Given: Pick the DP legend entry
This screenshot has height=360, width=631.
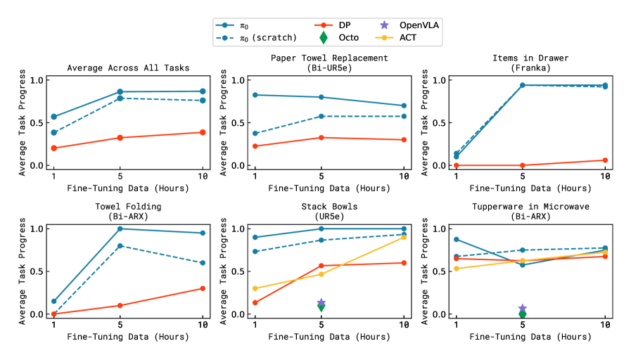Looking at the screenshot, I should click(x=335, y=25).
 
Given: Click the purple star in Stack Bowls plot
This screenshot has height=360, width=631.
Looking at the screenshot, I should click(x=321, y=302).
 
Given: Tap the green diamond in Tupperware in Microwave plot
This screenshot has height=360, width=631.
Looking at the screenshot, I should click(x=523, y=314).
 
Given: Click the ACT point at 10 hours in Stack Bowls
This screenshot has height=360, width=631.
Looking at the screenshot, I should click(x=404, y=237).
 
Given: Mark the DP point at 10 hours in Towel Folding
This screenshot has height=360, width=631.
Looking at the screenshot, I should click(x=203, y=288).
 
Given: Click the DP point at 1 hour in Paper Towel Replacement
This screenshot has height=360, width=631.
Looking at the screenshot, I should click(x=255, y=146).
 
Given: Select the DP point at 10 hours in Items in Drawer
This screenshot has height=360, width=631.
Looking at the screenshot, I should click(x=605, y=160).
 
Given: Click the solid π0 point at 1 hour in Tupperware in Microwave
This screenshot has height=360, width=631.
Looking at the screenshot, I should click(x=456, y=240).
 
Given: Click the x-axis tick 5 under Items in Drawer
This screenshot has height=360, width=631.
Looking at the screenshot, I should click(x=523, y=176).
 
